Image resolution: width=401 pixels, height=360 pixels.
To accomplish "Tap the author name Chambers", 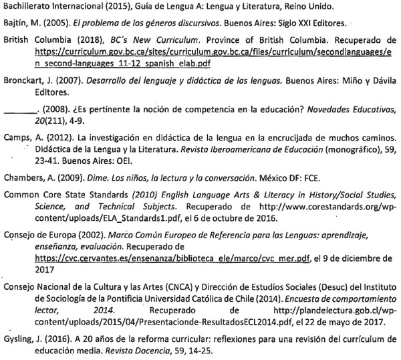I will pyautogui.click(x=23, y=179).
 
